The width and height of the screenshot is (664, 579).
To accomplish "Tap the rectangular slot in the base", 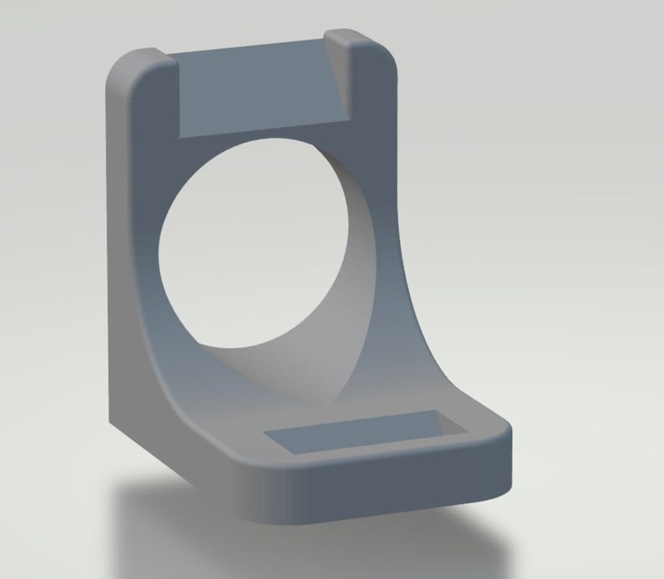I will [x=350, y=433].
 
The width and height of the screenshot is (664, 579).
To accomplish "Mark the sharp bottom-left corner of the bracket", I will [x=111, y=424].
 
